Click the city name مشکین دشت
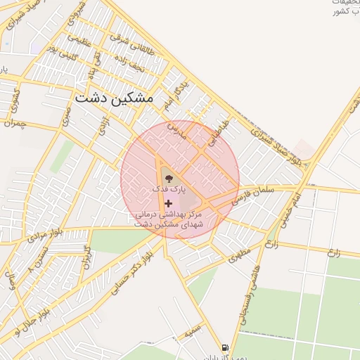tap(112, 98)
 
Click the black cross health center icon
tap(168, 202)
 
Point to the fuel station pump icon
tap(225, 347)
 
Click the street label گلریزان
tap(87, 258)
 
